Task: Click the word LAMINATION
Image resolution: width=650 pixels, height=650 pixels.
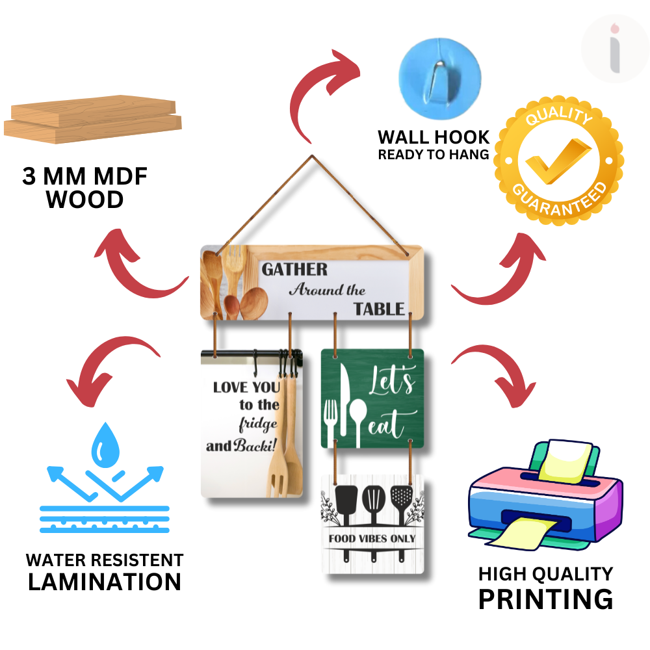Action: (104, 581)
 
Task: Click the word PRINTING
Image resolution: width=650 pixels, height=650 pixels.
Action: (545, 599)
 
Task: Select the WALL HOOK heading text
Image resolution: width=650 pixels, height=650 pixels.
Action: (434, 137)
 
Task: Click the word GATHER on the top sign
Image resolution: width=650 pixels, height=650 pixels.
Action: (294, 269)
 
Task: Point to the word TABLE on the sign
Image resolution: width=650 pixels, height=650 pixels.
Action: (379, 309)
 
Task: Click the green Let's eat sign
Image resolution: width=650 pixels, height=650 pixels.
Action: (372, 398)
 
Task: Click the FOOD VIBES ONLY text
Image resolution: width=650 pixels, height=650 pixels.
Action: (372, 538)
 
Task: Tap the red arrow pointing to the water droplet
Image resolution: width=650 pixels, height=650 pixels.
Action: (107, 370)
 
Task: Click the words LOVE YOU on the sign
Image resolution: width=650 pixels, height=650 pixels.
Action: (246, 387)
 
